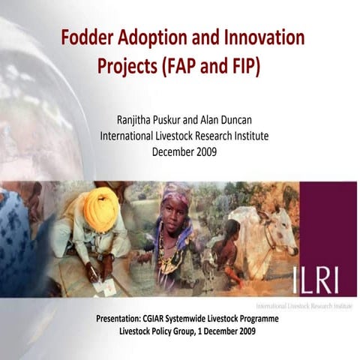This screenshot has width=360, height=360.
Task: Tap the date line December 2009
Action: pyautogui.click(x=184, y=151)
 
